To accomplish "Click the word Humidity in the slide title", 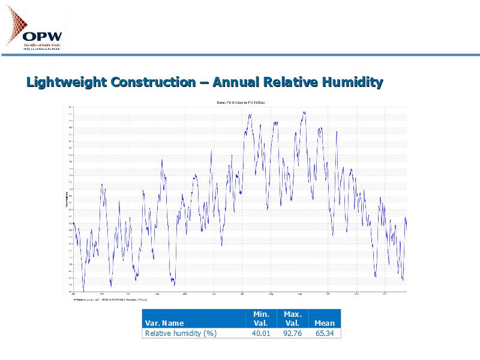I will click(353, 82).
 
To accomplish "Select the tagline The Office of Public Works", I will click(41, 44).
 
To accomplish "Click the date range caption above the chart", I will click(240, 103).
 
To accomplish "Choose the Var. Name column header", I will click(164, 323).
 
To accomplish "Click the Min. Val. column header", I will click(260, 319).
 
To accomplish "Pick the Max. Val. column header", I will click(292, 319).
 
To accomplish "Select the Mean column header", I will click(325, 323).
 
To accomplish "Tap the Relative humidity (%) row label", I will click(181, 333).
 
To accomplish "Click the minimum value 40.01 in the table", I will click(261, 333).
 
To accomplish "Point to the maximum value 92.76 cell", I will click(292, 333).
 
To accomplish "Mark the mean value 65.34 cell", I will click(325, 333).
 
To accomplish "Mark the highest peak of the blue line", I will click(305, 112).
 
